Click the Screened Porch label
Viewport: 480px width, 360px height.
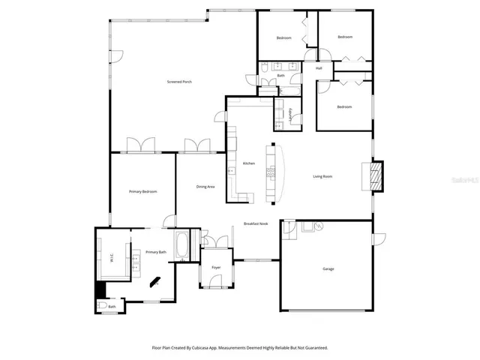179,81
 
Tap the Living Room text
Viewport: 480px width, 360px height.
322,177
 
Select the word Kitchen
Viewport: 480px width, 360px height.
249,163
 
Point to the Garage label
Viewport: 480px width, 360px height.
328,268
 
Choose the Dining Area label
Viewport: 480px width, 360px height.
206,187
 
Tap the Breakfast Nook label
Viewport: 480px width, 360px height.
256,224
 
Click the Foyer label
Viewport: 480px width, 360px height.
216,267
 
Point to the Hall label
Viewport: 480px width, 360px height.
319,68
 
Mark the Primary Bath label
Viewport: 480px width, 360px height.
156,253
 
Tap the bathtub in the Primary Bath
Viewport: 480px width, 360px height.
183,247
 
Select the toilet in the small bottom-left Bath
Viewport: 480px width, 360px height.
101,305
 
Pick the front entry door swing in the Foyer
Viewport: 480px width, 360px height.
217,283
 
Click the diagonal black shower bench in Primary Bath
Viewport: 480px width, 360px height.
155,281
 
